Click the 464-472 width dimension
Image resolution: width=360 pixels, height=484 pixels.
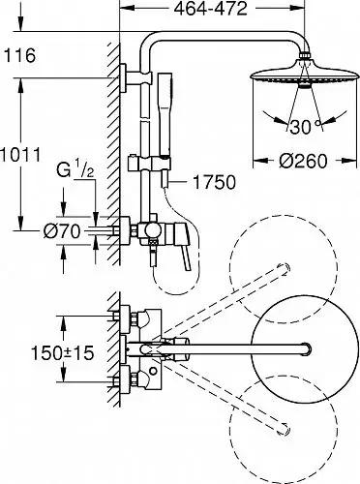[x=210, y=9]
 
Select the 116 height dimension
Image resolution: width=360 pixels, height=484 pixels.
[x=19, y=55]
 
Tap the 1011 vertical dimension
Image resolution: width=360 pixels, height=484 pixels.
[x=20, y=155]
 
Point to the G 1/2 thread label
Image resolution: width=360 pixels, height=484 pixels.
[x=75, y=170]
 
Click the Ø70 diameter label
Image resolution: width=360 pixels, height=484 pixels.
[x=62, y=231]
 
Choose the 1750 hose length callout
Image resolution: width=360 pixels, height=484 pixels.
[x=214, y=182]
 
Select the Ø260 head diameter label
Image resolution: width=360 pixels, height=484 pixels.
[x=303, y=161]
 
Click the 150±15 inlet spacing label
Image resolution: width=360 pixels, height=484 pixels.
[x=62, y=352]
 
